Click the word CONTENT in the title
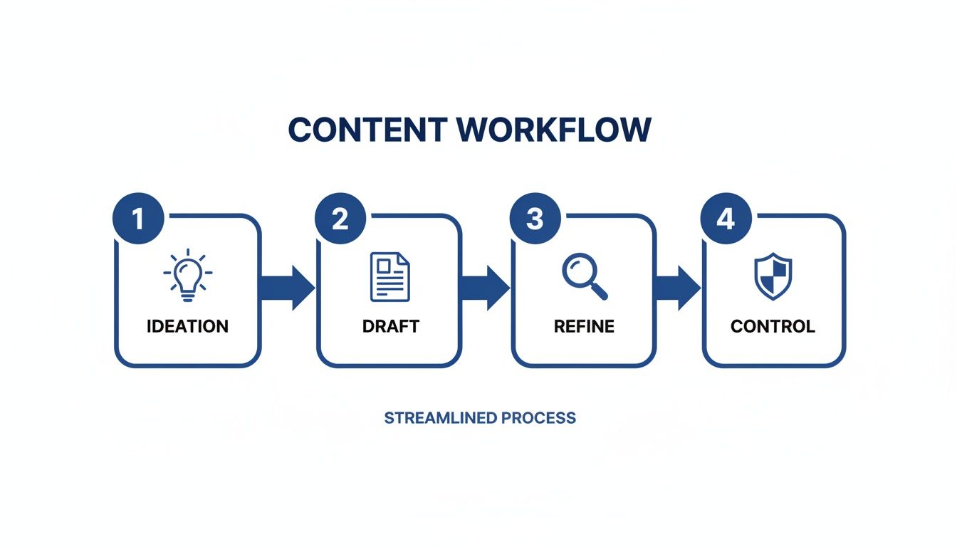367,130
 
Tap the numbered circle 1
138,219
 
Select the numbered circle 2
340,219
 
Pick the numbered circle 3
535,219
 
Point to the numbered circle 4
725,219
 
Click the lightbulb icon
188,274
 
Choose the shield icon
773,276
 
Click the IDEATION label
188,326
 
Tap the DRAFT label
390,326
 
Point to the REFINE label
584,326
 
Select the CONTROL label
773,326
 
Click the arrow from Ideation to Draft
288,288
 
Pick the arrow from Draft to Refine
486,288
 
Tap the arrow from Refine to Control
678,288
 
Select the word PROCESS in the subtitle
538,417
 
